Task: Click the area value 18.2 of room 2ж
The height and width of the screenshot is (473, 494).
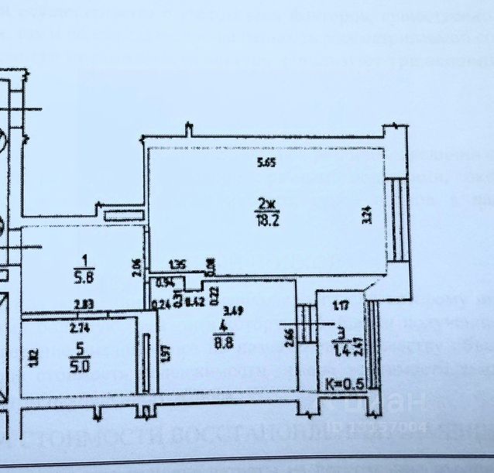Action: tap(264, 218)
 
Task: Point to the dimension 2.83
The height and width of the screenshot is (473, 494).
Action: tap(84, 304)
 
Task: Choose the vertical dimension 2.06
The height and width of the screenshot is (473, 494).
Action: tap(136, 269)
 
